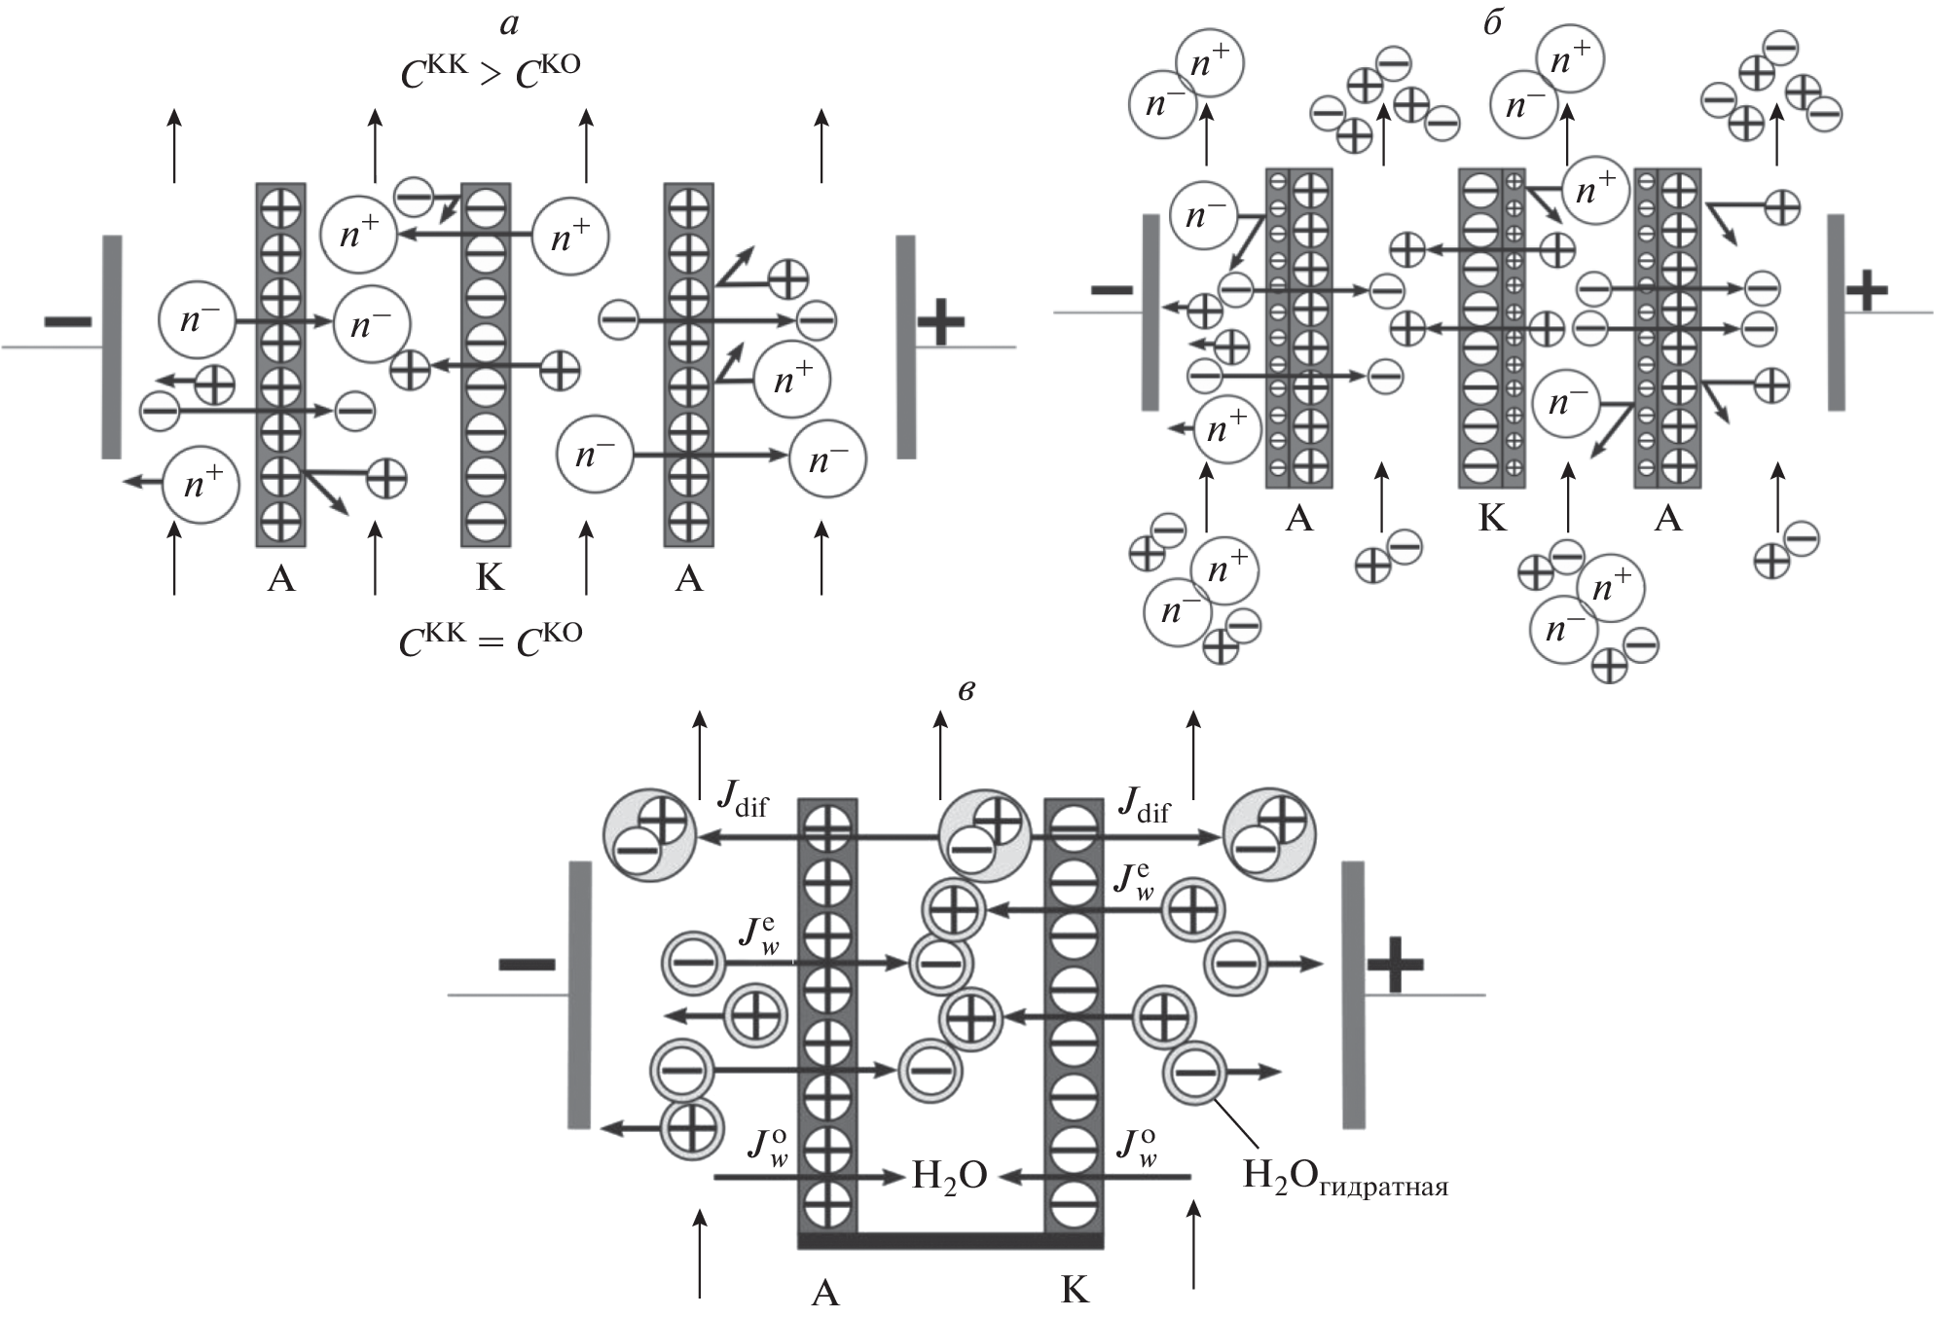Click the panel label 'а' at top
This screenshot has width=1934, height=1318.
(x=509, y=25)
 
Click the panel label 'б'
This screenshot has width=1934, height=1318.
(x=1492, y=23)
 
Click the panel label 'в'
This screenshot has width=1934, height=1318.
(x=966, y=691)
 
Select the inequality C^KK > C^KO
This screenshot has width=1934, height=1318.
(x=491, y=72)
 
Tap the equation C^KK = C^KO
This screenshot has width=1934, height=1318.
(x=491, y=640)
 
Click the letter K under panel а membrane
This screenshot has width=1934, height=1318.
(x=490, y=578)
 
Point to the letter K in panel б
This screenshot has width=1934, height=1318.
(x=1491, y=519)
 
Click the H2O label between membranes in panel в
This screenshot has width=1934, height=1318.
(x=949, y=1176)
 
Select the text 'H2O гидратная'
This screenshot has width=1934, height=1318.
(x=1345, y=1177)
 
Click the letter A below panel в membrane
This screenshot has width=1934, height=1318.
(x=824, y=1293)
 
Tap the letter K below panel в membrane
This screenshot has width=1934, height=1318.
(x=1074, y=1291)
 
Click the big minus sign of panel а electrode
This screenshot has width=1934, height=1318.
(x=68, y=321)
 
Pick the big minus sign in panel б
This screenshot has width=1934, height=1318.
(x=1112, y=289)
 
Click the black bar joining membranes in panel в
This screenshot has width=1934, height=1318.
(x=950, y=1240)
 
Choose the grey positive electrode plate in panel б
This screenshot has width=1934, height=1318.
(x=1836, y=312)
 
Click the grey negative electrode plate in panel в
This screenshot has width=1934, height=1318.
(x=579, y=995)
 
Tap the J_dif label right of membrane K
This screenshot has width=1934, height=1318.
(x=1144, y=804)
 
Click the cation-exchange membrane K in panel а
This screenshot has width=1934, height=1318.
(x=486, y=365)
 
